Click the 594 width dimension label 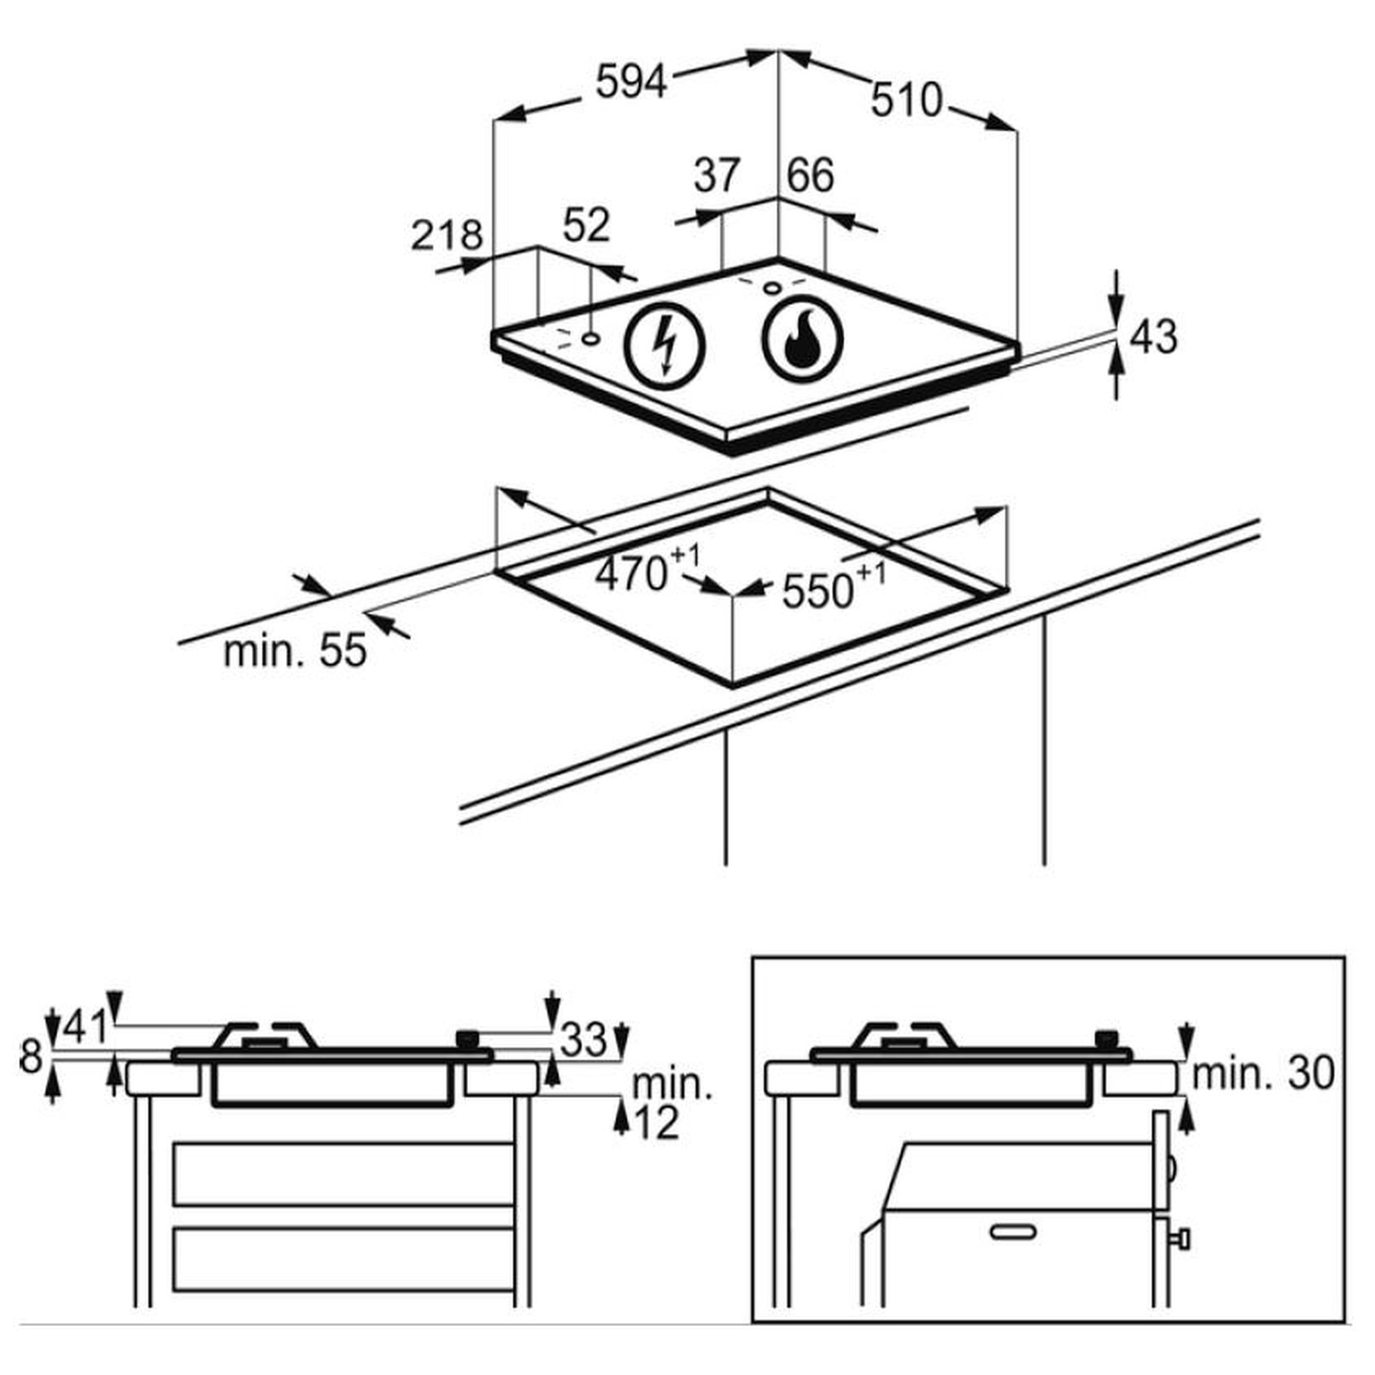pyautogui.click(x=631, y=81)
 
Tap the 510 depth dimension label pyautogui.click(x=906, y=100)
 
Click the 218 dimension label pyautogui.click(x=447, y=235)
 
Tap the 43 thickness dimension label pyautogui.click(x=1153, y=336)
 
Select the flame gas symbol pyautogui.click(x=802, y=339)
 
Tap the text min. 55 pyautogui.click(x=295, y=651)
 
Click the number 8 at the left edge pyautogui.click(x=32, y=1057)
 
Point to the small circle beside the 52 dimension pyautogui.click(x=589, y=339)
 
